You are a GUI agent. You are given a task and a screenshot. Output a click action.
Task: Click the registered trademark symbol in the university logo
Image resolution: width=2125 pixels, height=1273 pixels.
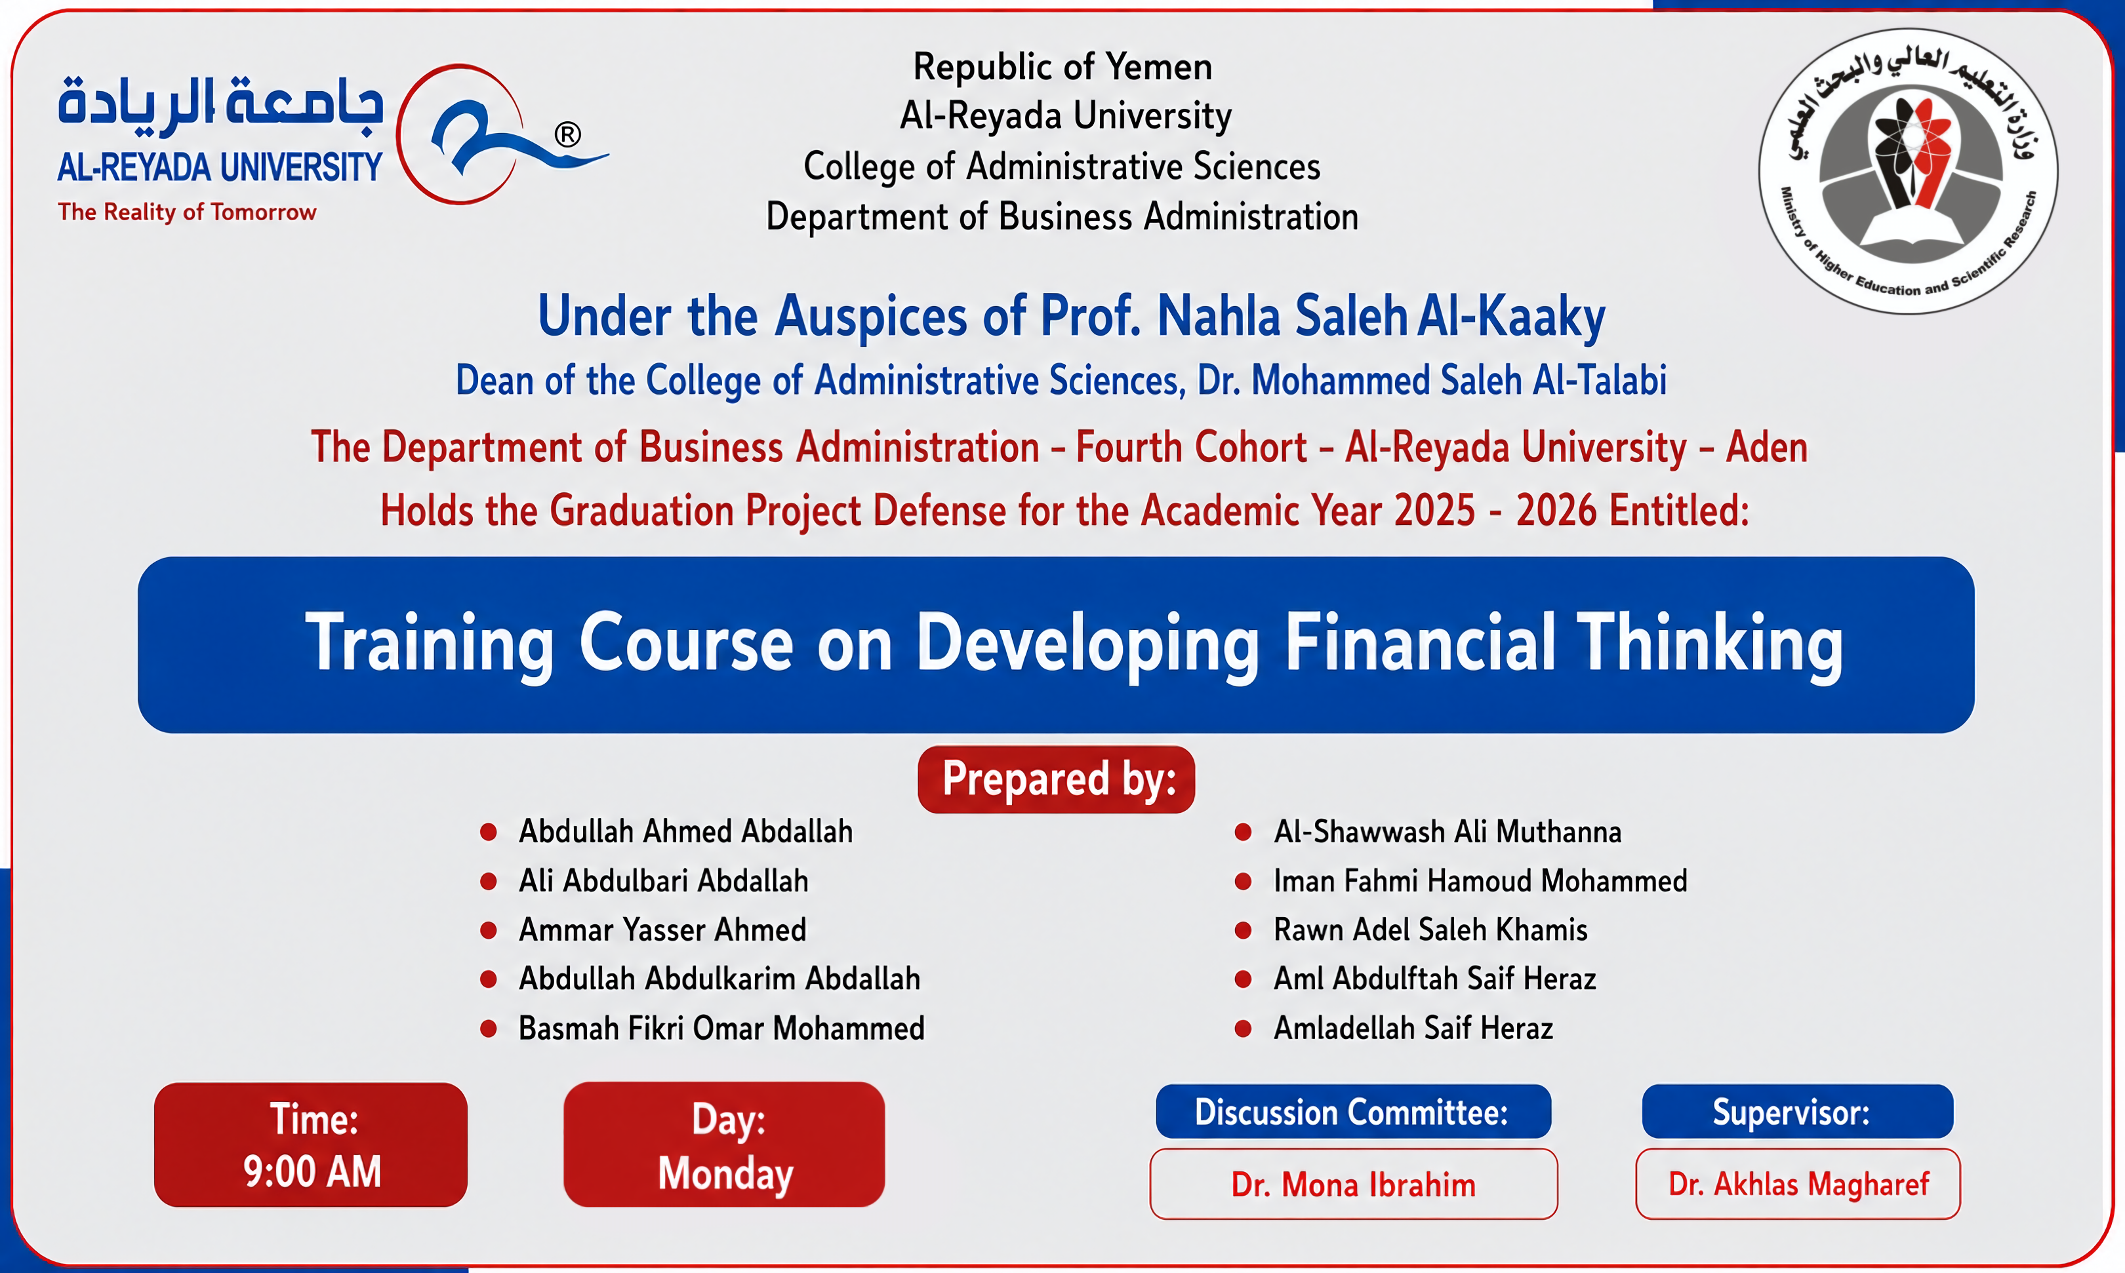click(567, 134)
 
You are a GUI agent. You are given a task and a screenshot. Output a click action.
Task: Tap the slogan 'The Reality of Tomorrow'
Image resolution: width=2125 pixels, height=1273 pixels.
click(187, 212)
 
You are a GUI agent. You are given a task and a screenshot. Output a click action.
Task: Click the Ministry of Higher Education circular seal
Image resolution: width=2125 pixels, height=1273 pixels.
click(1908, 170)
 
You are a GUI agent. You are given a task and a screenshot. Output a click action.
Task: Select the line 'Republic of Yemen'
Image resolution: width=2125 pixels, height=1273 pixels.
click(1062, 67)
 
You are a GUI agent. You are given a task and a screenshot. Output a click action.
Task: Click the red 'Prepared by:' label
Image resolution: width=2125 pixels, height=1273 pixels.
click(1057, 779)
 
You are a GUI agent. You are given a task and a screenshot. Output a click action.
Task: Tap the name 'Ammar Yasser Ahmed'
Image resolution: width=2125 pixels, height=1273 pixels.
click(662, 930)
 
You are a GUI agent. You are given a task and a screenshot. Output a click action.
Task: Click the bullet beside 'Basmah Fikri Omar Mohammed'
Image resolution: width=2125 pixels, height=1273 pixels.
click(489, 1028)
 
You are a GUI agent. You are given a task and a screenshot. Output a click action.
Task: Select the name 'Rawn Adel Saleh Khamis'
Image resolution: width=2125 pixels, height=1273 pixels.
click(1430, 930)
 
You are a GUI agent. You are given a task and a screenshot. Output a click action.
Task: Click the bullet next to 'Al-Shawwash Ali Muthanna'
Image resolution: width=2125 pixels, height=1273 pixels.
click(1243, 832)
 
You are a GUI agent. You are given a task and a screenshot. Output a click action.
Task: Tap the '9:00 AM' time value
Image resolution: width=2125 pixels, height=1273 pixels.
click(312, 1172)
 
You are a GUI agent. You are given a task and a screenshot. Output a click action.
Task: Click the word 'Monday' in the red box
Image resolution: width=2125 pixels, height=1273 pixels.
click(725, 1173)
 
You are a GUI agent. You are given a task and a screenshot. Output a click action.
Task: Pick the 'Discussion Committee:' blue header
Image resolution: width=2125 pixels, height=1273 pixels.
click(1352, 1112)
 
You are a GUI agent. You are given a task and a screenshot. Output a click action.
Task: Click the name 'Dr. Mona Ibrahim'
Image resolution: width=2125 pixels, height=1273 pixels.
click(1354, 1185)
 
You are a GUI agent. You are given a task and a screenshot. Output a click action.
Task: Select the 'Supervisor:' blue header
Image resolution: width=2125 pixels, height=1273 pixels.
click(1797, 1112)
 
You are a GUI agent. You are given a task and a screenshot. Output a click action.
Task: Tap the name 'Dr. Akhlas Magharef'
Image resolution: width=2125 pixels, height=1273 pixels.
click(1798, 1184)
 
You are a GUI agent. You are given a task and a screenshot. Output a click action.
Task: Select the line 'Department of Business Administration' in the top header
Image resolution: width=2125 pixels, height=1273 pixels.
click(1062, 217)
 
